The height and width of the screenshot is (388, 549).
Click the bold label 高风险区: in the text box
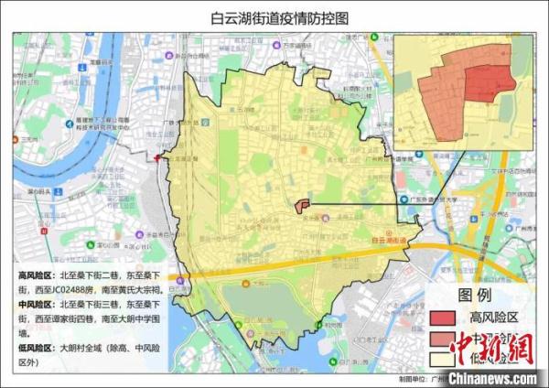coord(38,275)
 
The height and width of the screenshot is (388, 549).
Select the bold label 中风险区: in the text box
coord(38,303)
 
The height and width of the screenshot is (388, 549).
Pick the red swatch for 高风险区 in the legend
coord(446,318)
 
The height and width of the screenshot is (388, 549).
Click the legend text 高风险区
coord(493,318)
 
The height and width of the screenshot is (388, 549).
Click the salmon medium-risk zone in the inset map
coord(439,101)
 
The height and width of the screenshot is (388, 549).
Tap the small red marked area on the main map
coord(304,206)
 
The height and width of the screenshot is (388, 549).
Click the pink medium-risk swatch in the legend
coord(446,337)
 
